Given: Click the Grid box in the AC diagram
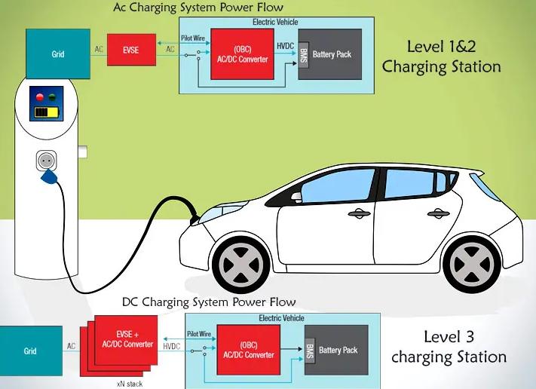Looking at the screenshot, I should (x=57, y=54).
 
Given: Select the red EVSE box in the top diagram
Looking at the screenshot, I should (x=131, y=49).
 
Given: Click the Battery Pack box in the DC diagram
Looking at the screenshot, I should (x=338, y=350).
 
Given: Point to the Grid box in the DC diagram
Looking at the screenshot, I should (x=30, y=351).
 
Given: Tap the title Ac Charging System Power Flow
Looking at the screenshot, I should (x=198, y=8).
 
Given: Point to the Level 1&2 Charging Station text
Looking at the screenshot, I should (x=441, y=57).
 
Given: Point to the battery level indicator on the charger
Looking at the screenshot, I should (x=47, y=113).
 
